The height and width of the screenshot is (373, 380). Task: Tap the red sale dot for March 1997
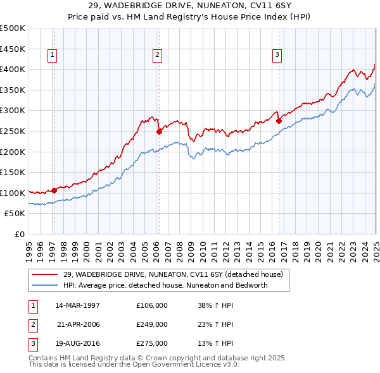(x=54, y=190)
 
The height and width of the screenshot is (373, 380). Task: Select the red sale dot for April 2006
(x=159, y=131)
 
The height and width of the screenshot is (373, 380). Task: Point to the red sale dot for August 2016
(x=279, y=121)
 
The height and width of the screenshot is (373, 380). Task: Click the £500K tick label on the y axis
(x=13, y=28)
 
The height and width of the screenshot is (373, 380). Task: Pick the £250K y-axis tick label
(x=13, y=131)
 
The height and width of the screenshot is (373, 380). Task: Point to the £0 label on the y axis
(x=20, y=234)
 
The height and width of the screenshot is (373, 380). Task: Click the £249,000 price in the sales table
(x=152, y=324)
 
